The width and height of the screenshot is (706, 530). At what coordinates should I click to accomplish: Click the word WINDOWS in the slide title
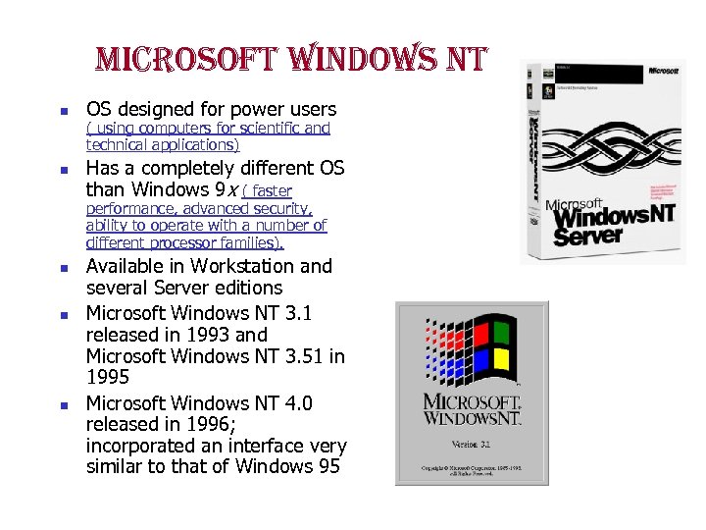point(351,61)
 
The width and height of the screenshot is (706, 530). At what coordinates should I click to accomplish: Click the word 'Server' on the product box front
point(587,237)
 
